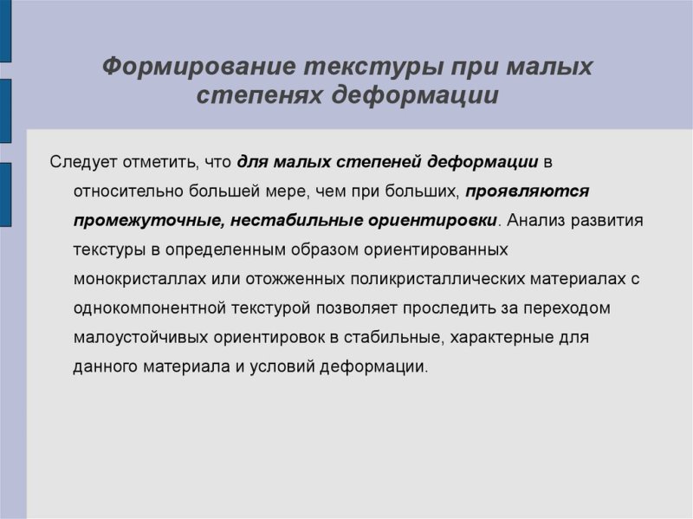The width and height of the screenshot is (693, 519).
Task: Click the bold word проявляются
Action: pyautogui.click(x=528, y=191)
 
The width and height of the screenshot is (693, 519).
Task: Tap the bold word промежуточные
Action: pyautogui.click(x=147, y=220)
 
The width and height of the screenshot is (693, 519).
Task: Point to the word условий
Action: pyautogui.click(x=279, y=367)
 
